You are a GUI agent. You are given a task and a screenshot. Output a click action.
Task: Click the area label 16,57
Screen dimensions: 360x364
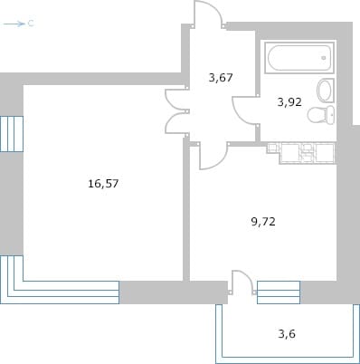point(103,184)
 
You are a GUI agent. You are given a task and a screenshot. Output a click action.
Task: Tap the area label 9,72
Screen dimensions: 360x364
point(263,222)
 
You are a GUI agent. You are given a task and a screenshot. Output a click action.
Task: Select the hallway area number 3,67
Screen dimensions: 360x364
point(221,78)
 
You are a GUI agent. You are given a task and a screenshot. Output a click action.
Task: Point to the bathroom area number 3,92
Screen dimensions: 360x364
point(289,102)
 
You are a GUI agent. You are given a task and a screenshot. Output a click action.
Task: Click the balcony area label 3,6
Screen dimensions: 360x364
point(287,334)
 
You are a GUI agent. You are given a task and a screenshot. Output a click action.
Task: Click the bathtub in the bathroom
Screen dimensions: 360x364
point(299,58)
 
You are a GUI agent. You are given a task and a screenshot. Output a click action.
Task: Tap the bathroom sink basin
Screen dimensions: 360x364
point(326,91)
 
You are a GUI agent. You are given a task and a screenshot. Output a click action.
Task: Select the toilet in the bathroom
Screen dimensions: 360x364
point(321,115)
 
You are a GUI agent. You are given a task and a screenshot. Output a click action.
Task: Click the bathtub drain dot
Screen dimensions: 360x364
point(324,58)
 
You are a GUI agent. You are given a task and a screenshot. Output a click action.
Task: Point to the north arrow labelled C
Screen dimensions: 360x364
point(18,24)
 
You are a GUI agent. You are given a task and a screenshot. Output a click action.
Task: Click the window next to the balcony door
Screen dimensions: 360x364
point(279,292)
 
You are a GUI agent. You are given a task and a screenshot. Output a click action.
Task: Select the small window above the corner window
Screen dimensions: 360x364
point(12,134)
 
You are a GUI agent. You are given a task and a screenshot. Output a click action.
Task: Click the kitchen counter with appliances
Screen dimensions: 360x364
point(301,152)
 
